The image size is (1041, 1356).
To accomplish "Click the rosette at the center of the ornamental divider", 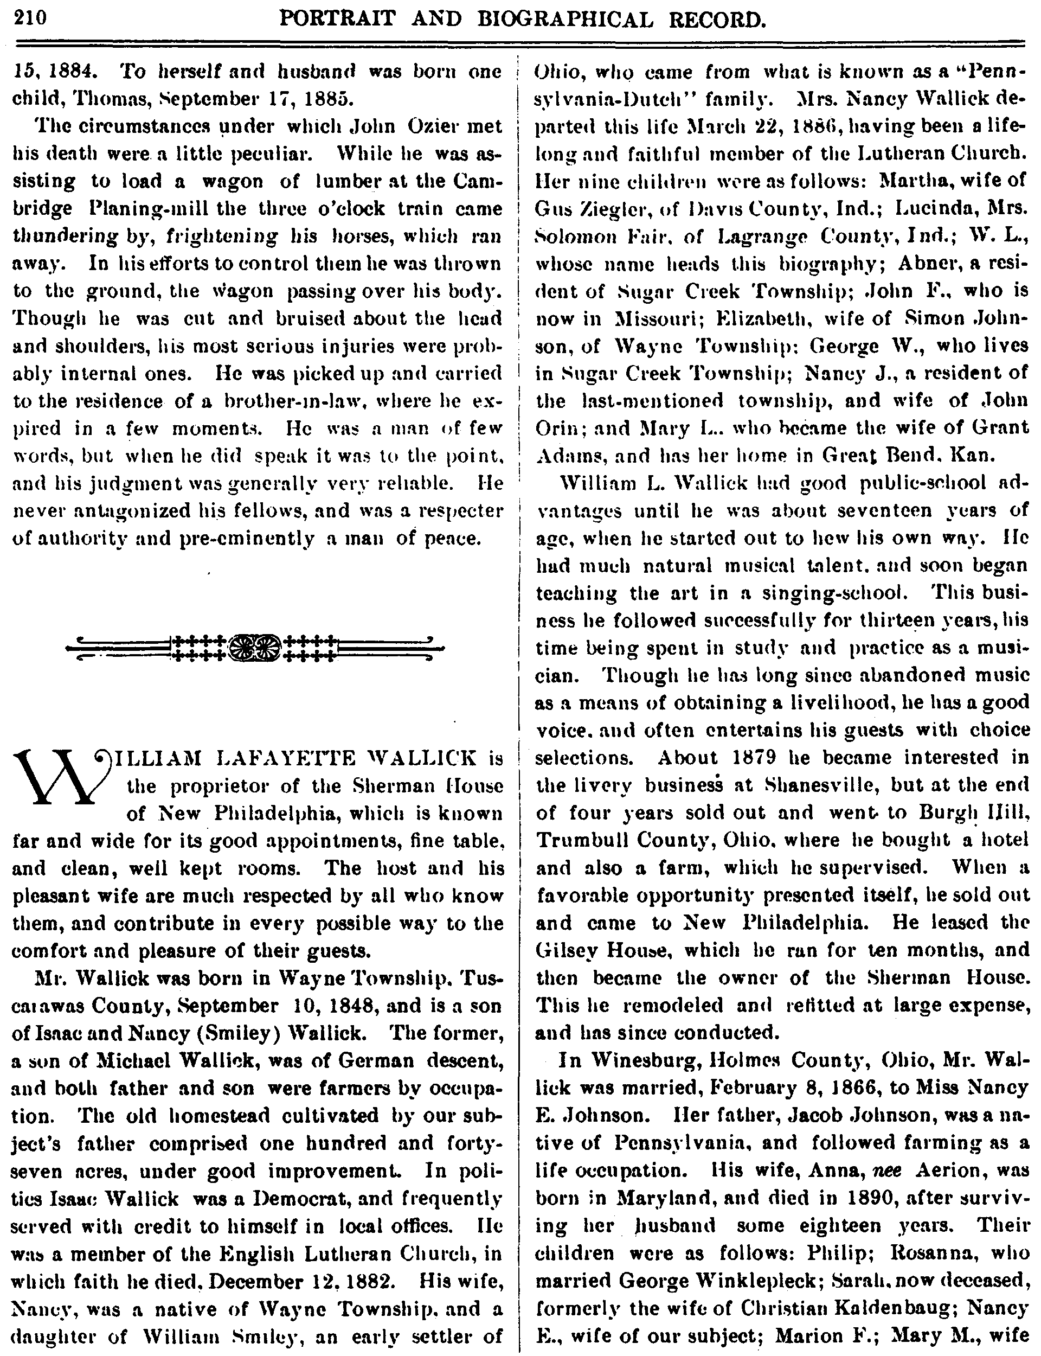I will pos(255,648).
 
